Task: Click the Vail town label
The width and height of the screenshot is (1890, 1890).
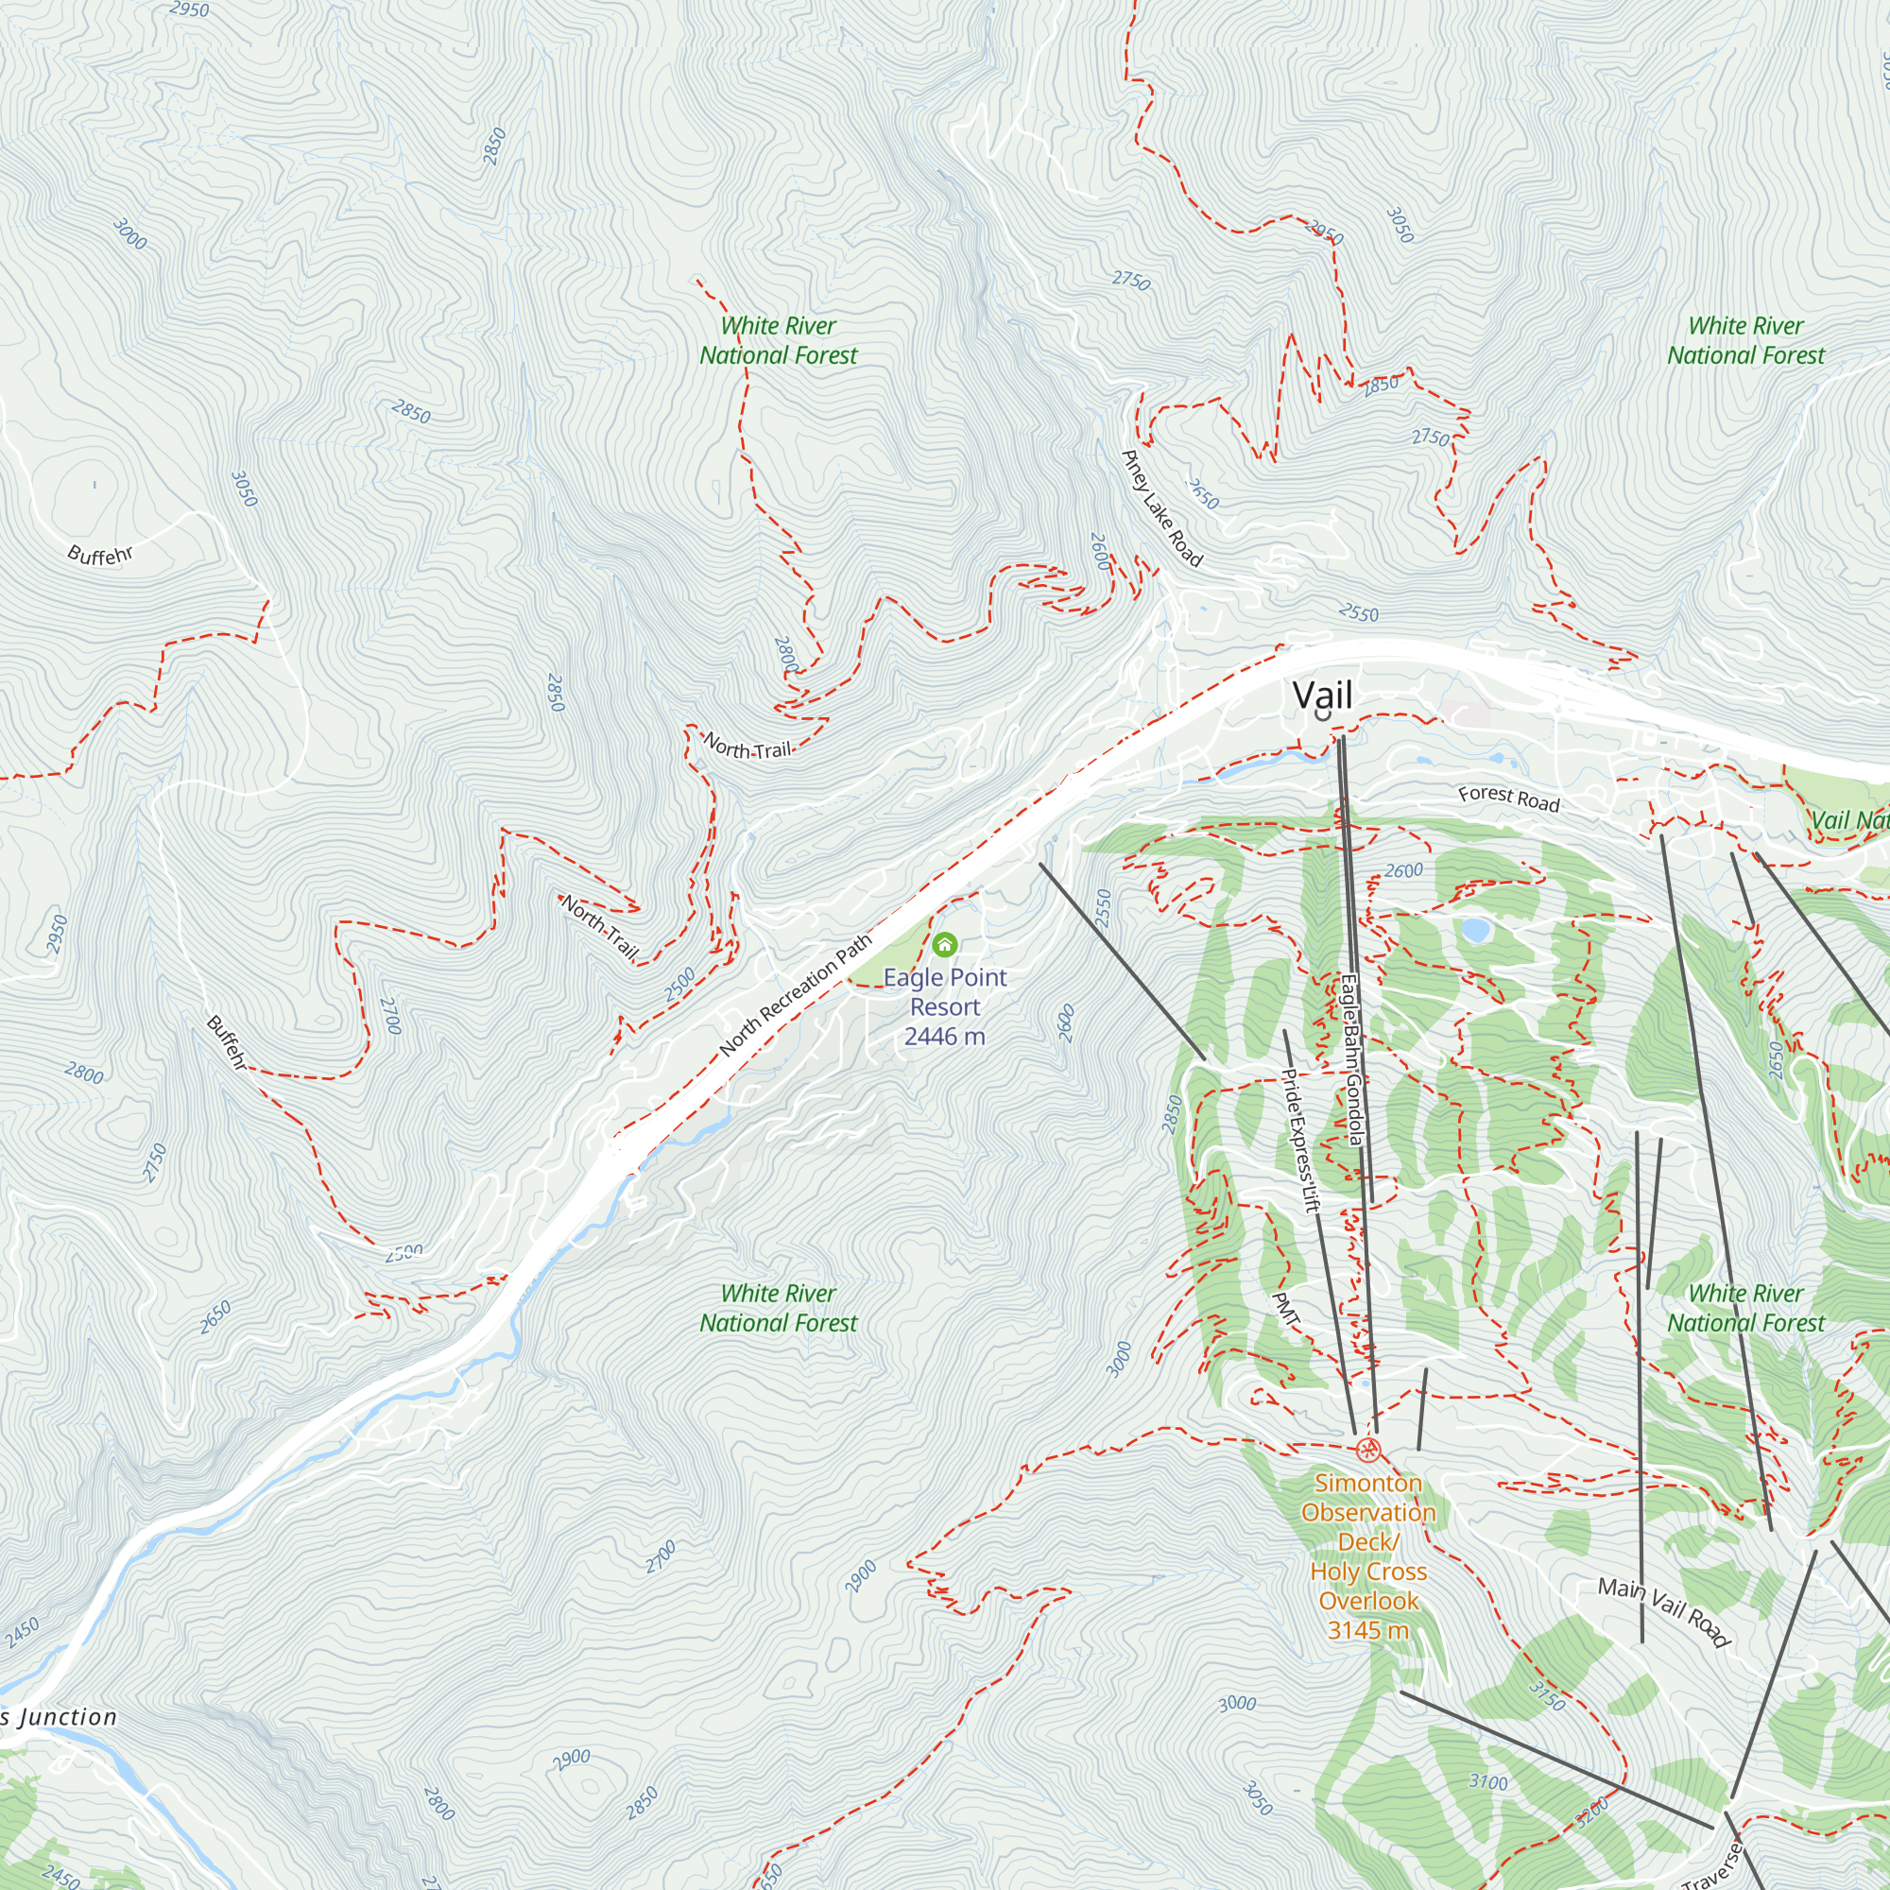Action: click(1322, 696)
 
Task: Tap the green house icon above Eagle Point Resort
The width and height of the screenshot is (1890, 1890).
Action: click(944, 944)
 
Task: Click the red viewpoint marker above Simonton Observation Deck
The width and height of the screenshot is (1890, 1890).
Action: click(1368, 1450)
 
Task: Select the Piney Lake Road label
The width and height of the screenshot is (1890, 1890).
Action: click(1161, 507)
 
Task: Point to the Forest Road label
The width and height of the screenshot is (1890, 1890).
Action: click(1508, 799)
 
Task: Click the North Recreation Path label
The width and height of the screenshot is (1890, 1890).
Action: click(796, 995)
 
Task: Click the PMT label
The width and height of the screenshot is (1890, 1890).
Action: click(1286, 1309)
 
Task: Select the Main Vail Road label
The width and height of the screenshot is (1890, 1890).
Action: click(1664, 1612)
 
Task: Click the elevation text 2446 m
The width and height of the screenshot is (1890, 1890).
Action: click(944, 1037)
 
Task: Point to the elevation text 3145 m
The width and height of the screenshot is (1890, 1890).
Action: click(1367, 1630)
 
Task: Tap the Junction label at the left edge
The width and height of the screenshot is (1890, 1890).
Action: click(60, 1717)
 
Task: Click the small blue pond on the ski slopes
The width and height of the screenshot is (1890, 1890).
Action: click(1475, 929)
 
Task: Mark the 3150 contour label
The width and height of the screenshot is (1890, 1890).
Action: click(1547, 1695)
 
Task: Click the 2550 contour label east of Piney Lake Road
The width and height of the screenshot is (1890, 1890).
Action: click(1358, 613)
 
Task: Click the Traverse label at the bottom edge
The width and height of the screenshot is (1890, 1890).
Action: click(1712, 1865)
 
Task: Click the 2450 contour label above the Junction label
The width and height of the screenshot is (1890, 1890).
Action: click(22, 1632)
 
